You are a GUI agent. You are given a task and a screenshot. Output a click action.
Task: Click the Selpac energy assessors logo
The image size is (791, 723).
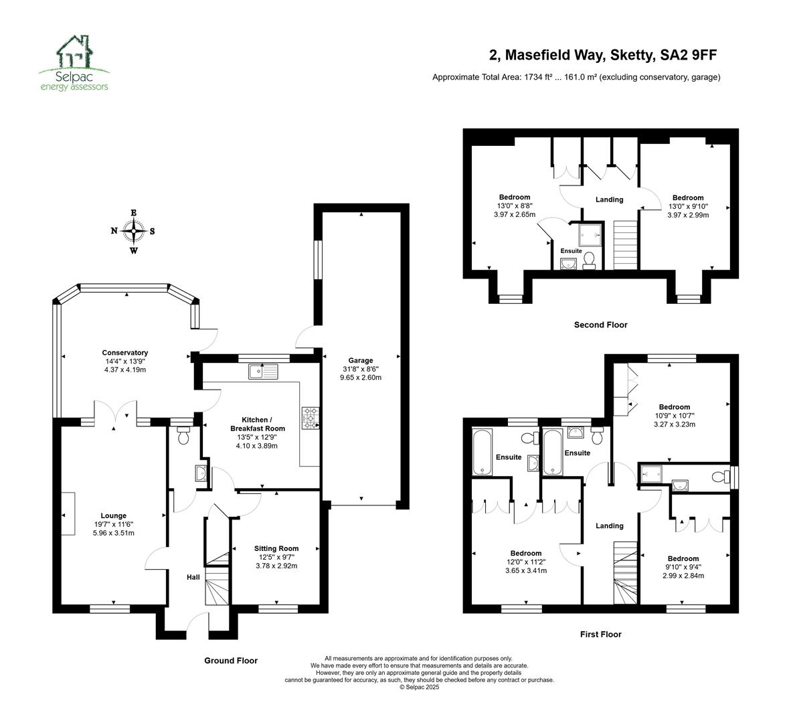74,63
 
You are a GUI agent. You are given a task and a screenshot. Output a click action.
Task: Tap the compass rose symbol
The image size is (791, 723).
134,232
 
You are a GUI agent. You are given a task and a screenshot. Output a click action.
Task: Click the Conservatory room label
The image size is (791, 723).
125,353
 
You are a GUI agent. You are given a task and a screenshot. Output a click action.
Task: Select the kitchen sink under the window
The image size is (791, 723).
263,372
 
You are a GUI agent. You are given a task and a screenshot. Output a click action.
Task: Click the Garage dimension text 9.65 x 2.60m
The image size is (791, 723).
361,378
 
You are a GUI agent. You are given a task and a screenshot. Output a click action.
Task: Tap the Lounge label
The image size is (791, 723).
114,515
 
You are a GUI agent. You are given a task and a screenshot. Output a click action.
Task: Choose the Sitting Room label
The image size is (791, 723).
276,548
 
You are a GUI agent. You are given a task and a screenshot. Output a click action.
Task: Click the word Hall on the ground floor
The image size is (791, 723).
193,577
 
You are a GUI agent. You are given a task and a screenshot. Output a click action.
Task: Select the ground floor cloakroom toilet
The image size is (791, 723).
183,435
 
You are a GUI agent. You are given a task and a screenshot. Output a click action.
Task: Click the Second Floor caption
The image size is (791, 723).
601,325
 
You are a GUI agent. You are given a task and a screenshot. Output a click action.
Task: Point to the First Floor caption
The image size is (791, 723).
601,634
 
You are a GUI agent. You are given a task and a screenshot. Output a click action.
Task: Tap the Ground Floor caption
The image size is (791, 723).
231,661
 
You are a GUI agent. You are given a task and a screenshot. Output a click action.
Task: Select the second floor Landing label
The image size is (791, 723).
610,199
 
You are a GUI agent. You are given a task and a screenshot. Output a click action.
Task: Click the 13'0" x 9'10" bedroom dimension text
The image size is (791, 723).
688,206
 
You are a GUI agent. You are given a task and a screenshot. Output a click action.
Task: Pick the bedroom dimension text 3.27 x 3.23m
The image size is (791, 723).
675,424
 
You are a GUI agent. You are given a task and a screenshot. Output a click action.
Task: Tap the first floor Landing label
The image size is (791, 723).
610,526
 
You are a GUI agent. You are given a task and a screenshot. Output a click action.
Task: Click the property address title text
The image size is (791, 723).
603,55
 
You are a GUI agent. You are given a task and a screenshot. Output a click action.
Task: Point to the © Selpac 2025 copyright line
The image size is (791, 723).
419,687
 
